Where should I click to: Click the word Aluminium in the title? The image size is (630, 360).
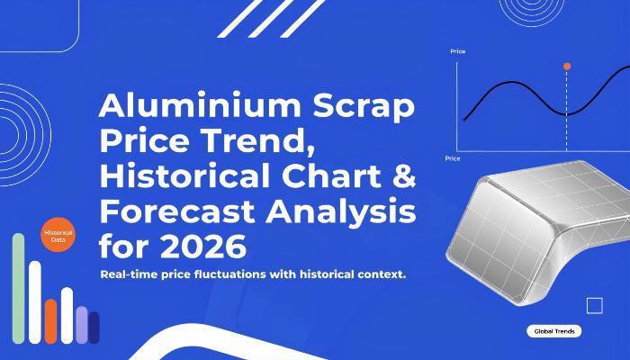(200, 105)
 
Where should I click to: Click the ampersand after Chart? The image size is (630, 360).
(404, 176)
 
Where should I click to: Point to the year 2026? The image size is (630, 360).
(203, 247)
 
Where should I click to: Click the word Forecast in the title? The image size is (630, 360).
(176, 211)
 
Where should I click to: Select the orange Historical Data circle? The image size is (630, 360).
(58, 235)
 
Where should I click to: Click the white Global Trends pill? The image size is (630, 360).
(554, 331)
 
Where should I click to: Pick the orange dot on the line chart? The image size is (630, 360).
(567, 67)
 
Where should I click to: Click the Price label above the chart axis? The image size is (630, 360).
(457, 51)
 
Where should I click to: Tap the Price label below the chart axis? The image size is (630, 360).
(453, 158)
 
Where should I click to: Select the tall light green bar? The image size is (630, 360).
(19, 289)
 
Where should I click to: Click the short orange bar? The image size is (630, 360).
(50, 321)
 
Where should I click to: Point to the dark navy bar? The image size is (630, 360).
(94, 328)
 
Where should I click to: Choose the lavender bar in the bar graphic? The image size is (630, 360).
(82, 325)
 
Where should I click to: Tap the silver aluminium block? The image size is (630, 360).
(535, 231)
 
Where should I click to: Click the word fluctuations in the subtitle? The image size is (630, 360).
(230, 274)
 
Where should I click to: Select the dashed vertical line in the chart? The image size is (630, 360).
(566, 111)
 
